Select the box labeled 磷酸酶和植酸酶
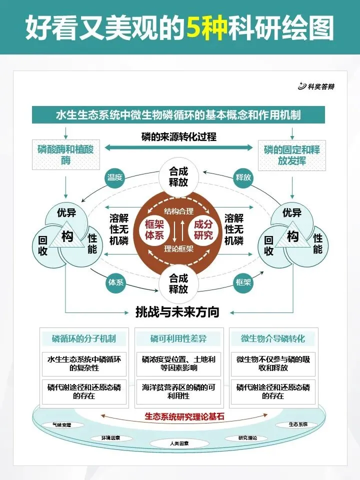(x=65, y=154)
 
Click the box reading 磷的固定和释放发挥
(x=292, y=154)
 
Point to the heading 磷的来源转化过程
(x=178, y=136)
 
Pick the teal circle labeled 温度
(x=115, y=177)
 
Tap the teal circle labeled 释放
(x=243, y=177)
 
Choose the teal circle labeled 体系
(x=115, y=282)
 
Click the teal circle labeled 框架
(x=243, y=282)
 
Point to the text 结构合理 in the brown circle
(x=178, y=211)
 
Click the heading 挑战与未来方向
(x=177, y=312)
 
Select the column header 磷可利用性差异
(x=178, y=338)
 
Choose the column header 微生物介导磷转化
(x=273, y=338)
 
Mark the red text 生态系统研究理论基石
(x=178, y=415)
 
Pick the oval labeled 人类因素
(x=178, y=443)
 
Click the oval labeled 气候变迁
(x=62, y=425)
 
